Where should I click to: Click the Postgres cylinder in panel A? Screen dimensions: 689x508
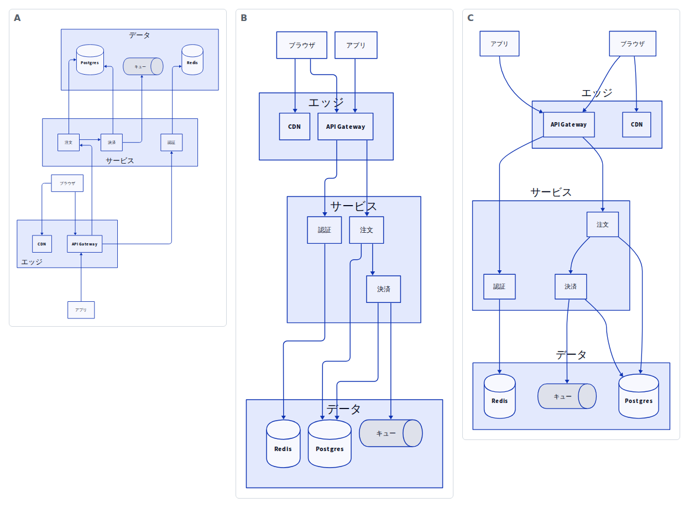[x=90, y=60]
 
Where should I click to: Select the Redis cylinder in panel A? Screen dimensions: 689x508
[x=192, y=60]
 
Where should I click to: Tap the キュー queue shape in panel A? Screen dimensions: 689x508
[x=143, y=66]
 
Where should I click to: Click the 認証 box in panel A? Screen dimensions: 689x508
[x=171, y=143]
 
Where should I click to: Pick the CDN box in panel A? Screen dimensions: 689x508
[x=42, y=244]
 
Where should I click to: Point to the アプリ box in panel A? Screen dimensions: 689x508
[x=81, y=310]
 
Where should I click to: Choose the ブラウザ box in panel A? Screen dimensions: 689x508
[x=67, y=184]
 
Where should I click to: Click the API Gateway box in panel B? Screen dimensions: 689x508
[x=346, y=127]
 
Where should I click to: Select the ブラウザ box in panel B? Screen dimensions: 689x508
[x=302, y=45]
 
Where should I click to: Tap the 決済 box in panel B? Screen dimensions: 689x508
[x=384, y=289]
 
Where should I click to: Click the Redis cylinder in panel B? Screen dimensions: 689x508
[x=283, y=444]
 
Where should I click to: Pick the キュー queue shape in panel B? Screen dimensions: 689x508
[x=391, y=433]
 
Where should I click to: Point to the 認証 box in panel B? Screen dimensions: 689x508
[x=325, y=230]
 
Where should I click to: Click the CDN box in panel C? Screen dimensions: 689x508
[x=636, y=124]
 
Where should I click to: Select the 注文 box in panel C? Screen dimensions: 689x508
[x=603, y=224]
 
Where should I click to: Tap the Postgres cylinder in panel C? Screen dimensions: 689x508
[x=639, y=396]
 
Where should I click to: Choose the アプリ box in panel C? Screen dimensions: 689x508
[x=499, y=44]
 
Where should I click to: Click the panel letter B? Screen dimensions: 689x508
[x=244, y=18]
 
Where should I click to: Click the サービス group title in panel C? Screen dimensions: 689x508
[x=551, y=192]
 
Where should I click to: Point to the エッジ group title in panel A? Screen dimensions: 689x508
[x=32, y=262]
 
